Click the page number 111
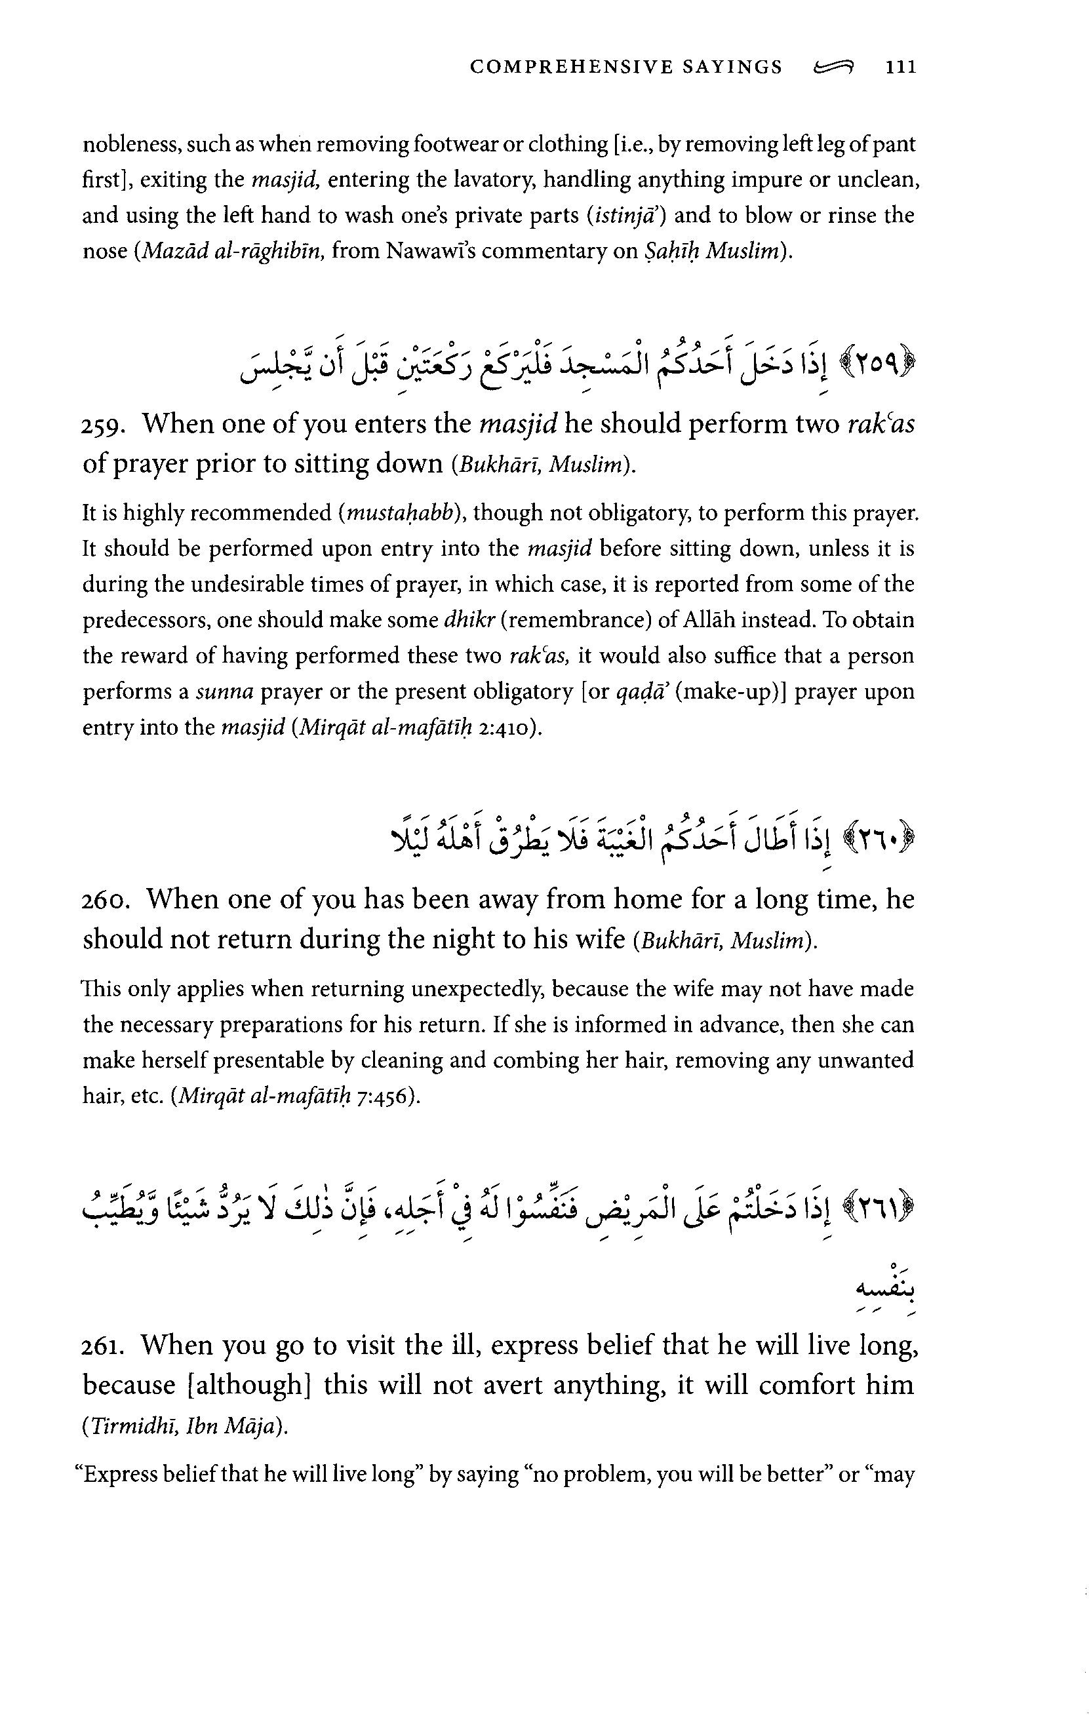click(x=901, y=68)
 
